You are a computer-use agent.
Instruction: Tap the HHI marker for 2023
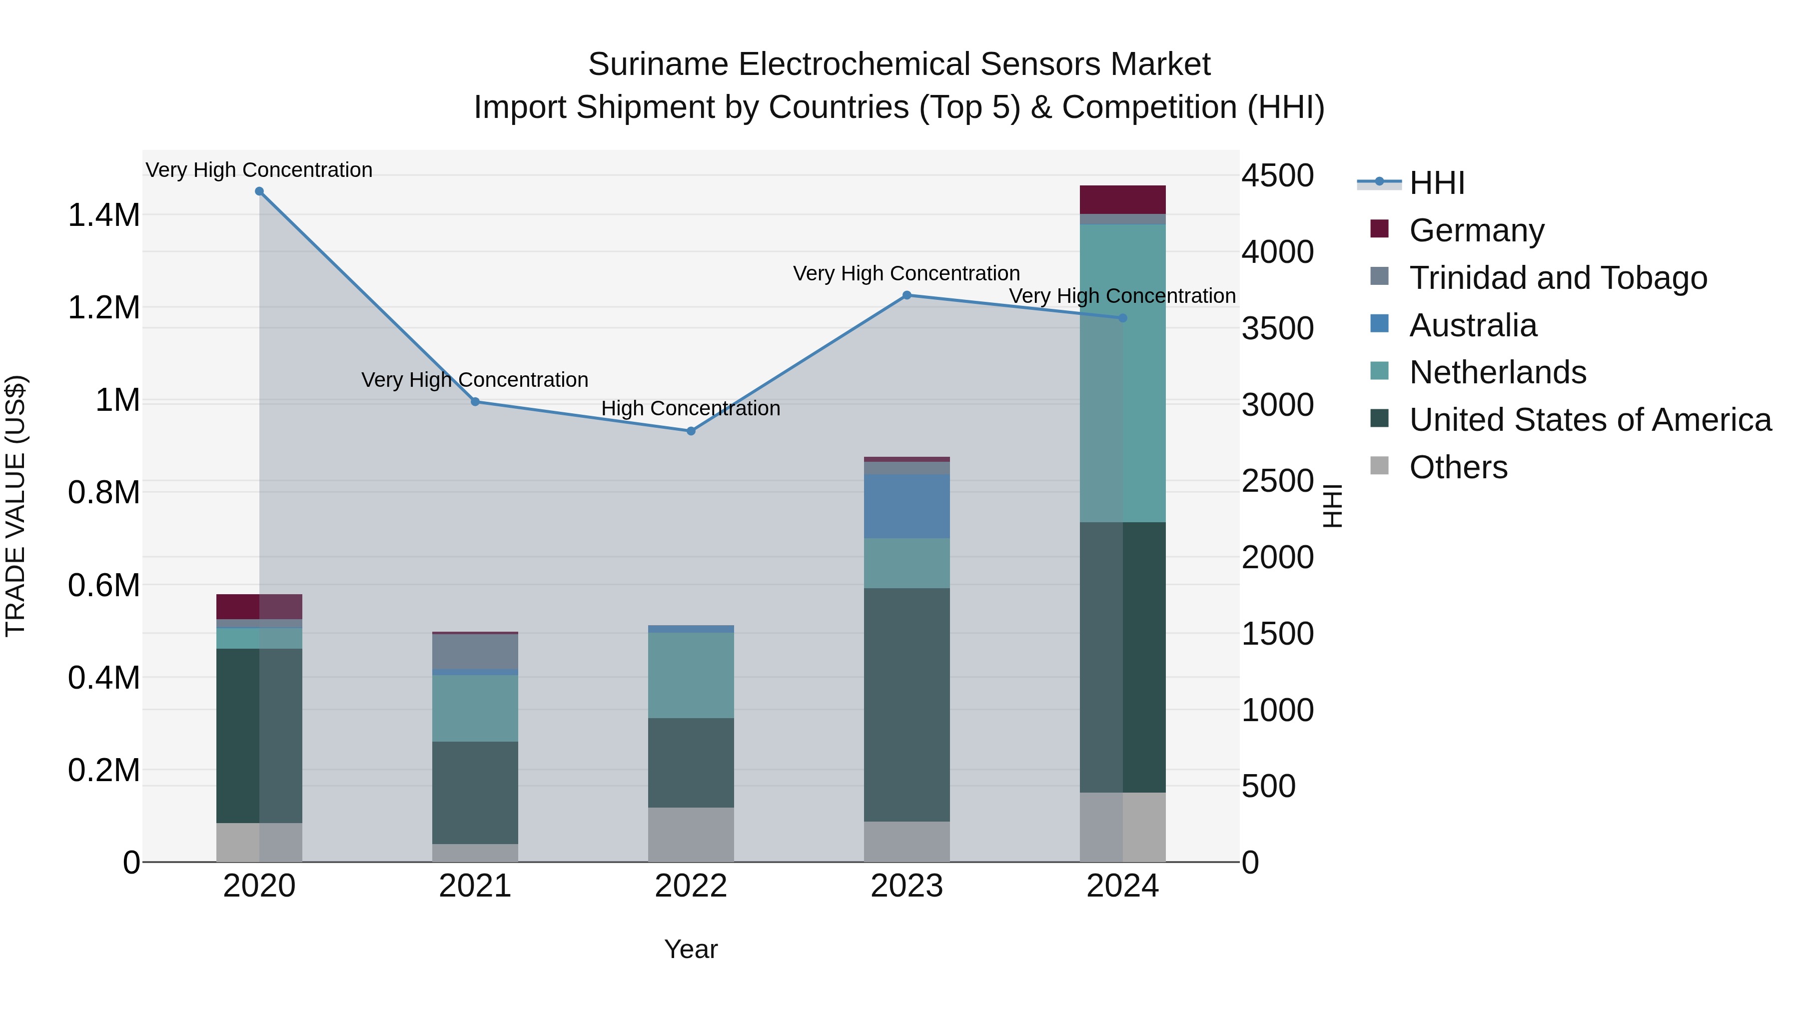[906, 295]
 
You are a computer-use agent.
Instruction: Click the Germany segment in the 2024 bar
[1122, 200]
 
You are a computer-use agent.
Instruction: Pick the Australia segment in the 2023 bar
[906, 506]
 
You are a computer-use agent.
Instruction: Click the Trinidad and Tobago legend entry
[1557, 278]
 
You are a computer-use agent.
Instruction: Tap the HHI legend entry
[1437, 183]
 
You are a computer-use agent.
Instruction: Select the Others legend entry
[1458, 467]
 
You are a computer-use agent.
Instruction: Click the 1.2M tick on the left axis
[104, 308]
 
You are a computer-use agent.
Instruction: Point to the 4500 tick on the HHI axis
[1277, 176]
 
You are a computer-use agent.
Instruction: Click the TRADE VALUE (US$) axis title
[16, 506]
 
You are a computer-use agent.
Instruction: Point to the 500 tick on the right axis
[1268, 787]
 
